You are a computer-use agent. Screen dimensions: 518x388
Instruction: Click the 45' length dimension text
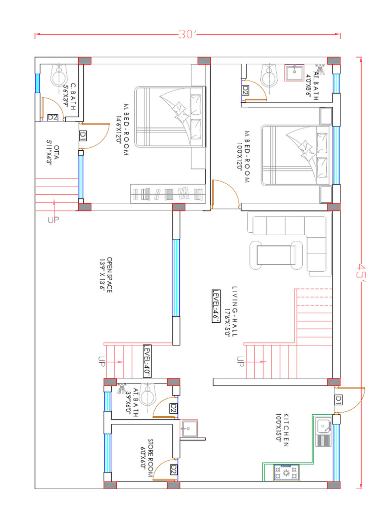362,274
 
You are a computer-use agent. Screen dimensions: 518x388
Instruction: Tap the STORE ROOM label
147,455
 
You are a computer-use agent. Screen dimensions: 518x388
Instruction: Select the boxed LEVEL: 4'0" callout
147,361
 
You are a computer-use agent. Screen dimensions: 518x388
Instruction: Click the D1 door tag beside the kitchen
338,400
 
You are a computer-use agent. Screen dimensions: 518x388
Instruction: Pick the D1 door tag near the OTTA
83,135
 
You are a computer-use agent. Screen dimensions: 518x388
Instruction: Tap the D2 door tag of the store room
173,470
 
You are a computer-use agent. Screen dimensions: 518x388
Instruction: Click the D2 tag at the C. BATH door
53,117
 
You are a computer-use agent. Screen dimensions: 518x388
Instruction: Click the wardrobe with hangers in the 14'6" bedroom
167,194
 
